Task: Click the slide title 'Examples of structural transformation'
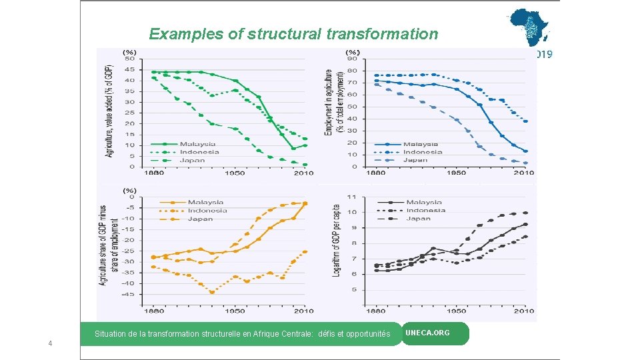pos(293,34)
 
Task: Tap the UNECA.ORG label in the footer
pos(427,333)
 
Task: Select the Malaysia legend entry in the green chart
pos(197,144)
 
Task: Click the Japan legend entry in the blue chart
pos(415,160)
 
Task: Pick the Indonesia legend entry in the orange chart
pos(207,211)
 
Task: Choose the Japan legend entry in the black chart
pos(418,218)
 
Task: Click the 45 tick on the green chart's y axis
pos(129,70)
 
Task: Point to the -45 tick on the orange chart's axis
pos(127,294)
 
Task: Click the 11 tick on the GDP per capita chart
pos(351,197)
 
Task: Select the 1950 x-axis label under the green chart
pos(234,173)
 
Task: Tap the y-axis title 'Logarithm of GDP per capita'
pos(337,241)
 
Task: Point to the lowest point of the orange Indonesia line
pos(212,292)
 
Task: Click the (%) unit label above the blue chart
pos(352,52)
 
